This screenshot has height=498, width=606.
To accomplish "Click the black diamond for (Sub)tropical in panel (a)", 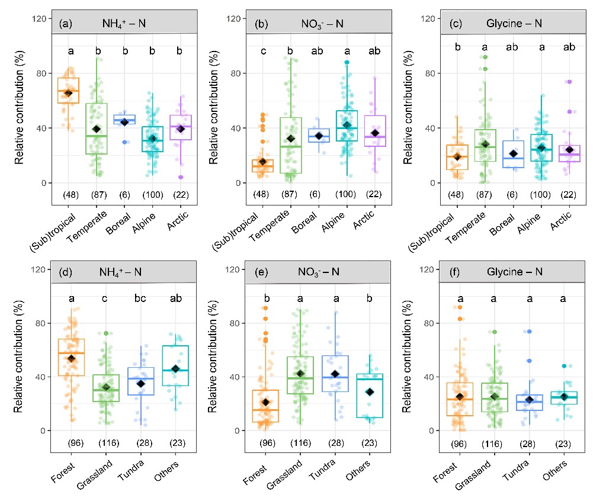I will point(68,93).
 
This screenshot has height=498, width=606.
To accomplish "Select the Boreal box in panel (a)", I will point(124,119).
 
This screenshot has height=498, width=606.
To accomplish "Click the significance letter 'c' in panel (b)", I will point(262,51).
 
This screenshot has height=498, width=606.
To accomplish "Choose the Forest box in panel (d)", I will point(71,357).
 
